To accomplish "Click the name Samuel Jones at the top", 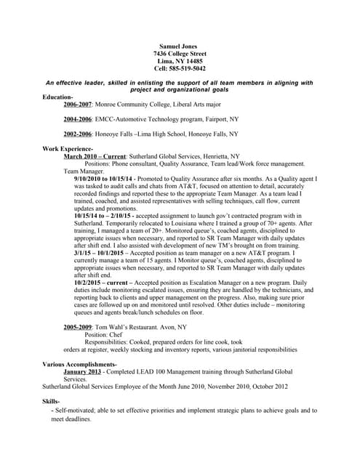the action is (179, 46).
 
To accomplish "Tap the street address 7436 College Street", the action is (180, 54).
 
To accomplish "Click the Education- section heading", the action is (58, 97).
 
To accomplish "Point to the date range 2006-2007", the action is (78, 105).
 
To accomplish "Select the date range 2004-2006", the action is (78, 118).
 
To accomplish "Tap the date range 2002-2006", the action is (78, 134).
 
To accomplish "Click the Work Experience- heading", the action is (68, 148).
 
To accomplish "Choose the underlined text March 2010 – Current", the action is (95, 156).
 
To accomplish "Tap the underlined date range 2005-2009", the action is (78, 327).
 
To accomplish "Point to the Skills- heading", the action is (51, 401).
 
